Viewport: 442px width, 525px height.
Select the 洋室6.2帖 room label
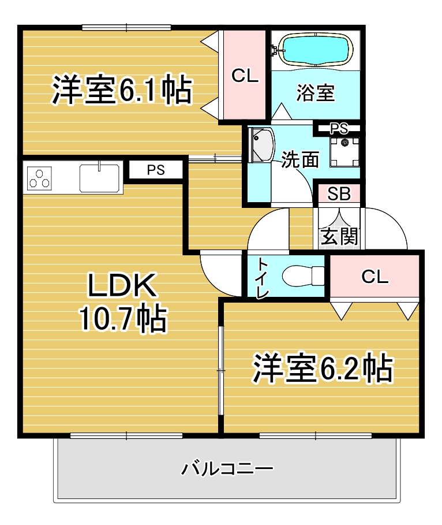(323, 368)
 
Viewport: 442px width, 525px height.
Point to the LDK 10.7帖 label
(122, 302)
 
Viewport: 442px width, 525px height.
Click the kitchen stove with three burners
(39, 178)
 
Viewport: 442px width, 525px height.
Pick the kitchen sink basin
(99, 178)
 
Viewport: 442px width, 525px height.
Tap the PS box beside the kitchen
(156, 170)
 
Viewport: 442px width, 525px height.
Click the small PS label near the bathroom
(339, 128)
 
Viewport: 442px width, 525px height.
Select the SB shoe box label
(339, 193)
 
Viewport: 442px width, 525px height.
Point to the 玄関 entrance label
(339, 236)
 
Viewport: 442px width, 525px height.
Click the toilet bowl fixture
(303, 276)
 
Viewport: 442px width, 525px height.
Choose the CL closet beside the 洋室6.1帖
(245, 75)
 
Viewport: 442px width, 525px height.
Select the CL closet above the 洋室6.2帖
(374, 276)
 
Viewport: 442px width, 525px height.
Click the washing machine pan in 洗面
(344, 152)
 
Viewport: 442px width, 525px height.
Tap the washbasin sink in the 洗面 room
(261, 144)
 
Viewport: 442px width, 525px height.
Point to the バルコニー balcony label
(227, 468)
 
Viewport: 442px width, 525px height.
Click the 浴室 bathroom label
(316, 93)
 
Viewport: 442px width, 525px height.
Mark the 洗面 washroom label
(299, 160)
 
